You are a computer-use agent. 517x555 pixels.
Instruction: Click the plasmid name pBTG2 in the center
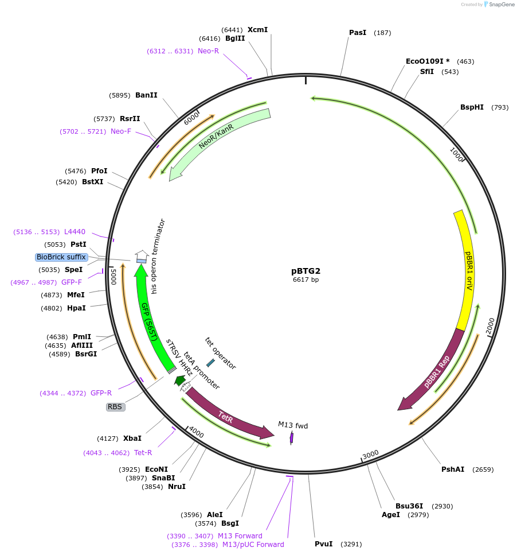pos(305,271)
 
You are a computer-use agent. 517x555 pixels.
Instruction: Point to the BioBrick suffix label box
pos(61,257)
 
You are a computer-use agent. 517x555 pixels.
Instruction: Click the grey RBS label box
pos(115,407)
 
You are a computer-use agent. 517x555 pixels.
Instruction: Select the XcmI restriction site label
pos(257,30)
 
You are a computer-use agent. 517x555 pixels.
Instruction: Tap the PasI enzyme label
pos(358,33)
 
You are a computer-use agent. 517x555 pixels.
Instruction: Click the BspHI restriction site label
pos(472,107)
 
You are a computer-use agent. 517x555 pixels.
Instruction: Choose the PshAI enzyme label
pos(453,469)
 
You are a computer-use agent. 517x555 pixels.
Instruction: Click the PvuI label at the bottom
pos(323,544)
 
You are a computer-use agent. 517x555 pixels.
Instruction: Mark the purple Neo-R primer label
pos(208,51)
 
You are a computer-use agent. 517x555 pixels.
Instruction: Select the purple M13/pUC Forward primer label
pos(253,545)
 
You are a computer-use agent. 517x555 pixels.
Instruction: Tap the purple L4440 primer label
pos(75,232)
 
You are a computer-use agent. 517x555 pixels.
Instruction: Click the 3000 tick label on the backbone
pos(370,455)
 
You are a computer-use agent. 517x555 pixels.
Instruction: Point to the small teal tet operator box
pos(210,363)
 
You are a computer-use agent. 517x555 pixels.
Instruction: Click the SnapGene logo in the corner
pos(499,5)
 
